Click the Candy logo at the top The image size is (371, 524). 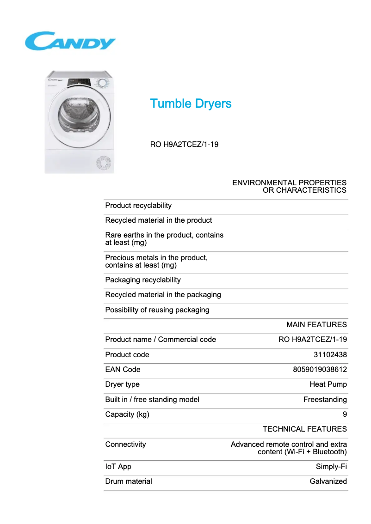[70, 41]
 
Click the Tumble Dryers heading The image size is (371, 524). [191, 104]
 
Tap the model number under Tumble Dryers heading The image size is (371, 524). [184, 144]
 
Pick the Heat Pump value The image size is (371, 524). [328, 384]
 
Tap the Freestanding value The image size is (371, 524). [325, 399]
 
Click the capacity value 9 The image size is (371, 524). [345, 414]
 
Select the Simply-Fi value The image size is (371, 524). [331, 467]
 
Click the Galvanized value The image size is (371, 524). [328, 481]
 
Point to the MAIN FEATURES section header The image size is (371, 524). [316, 325]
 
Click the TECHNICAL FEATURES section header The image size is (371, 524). [304, 429]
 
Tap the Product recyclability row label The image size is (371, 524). [138, 206]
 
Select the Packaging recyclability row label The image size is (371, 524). [143, 280]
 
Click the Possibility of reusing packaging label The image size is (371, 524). [157, 310]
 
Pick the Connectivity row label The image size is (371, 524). [125, 445]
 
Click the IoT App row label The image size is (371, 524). [118, 467]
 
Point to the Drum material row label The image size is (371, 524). [129, 481]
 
